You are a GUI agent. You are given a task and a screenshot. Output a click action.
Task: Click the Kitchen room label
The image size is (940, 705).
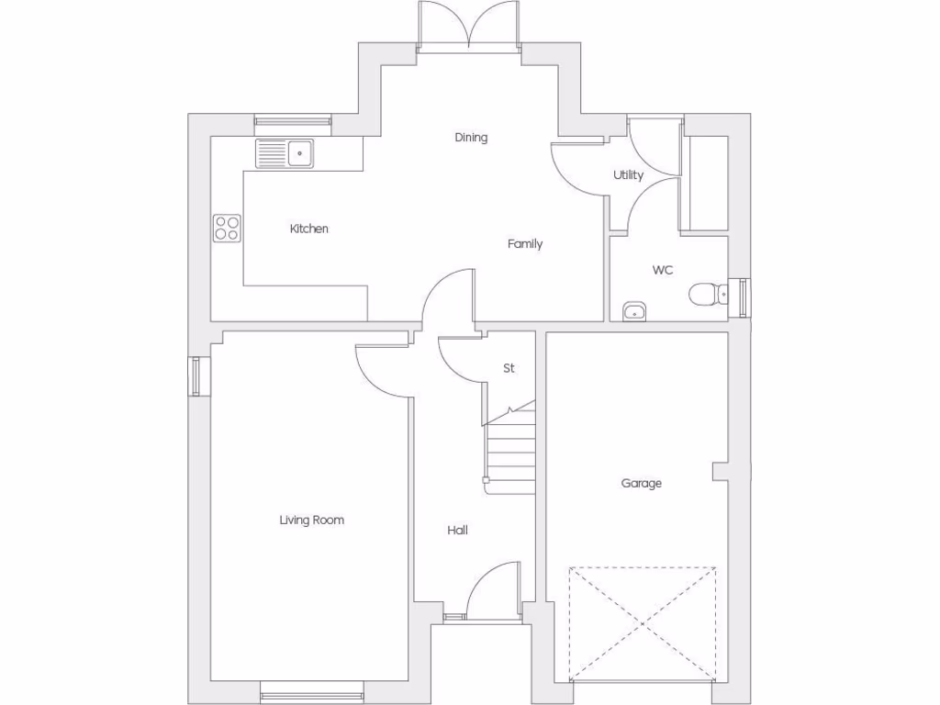tap(308, 229)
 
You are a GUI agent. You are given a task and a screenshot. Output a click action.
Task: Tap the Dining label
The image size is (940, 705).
tap(471, 138)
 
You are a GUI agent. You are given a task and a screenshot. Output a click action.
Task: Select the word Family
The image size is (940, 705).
tap(525, 244)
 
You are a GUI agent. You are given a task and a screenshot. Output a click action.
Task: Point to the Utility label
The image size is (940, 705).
tap(629, 175)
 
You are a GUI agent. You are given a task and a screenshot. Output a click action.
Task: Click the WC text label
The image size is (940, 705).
tap(663, 270)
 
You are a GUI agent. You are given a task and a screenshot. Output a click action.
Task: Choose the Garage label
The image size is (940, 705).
tap(641, 484)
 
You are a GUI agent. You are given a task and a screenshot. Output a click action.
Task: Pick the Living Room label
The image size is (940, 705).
tap(312, 520)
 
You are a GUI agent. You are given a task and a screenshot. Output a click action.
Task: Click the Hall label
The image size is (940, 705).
tap(457, 530)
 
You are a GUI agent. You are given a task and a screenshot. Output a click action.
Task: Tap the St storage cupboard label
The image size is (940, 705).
tap(509, 368)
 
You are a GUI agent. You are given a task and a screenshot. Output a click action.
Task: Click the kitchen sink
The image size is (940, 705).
tap(285, 153)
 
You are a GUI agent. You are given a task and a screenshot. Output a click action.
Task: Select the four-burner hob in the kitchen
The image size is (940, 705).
tap(227, 228)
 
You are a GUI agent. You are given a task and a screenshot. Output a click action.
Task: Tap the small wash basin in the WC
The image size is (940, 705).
tap(633, 311)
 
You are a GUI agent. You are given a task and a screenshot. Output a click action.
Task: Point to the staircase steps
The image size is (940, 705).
tap(510, 450)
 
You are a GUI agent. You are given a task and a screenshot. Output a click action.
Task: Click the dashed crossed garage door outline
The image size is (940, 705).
tap(643, 624)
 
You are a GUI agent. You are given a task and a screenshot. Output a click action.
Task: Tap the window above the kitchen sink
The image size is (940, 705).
tap(292, 119)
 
